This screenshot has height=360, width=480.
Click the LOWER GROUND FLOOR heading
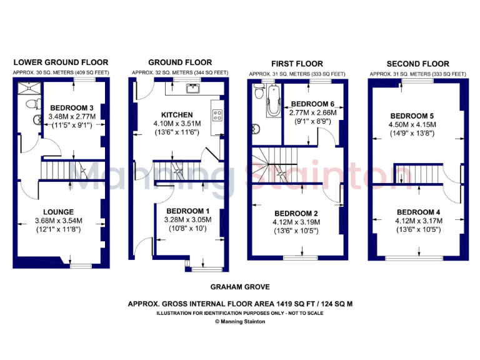61,62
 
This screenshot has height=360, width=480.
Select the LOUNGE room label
58,212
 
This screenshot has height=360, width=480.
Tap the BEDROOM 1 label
187,211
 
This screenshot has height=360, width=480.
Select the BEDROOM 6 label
313,104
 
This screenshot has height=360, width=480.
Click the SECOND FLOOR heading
417,64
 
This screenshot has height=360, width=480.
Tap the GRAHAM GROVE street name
240,287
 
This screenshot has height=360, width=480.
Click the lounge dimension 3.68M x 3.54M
59,221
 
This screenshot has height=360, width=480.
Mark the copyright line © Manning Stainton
240,321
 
